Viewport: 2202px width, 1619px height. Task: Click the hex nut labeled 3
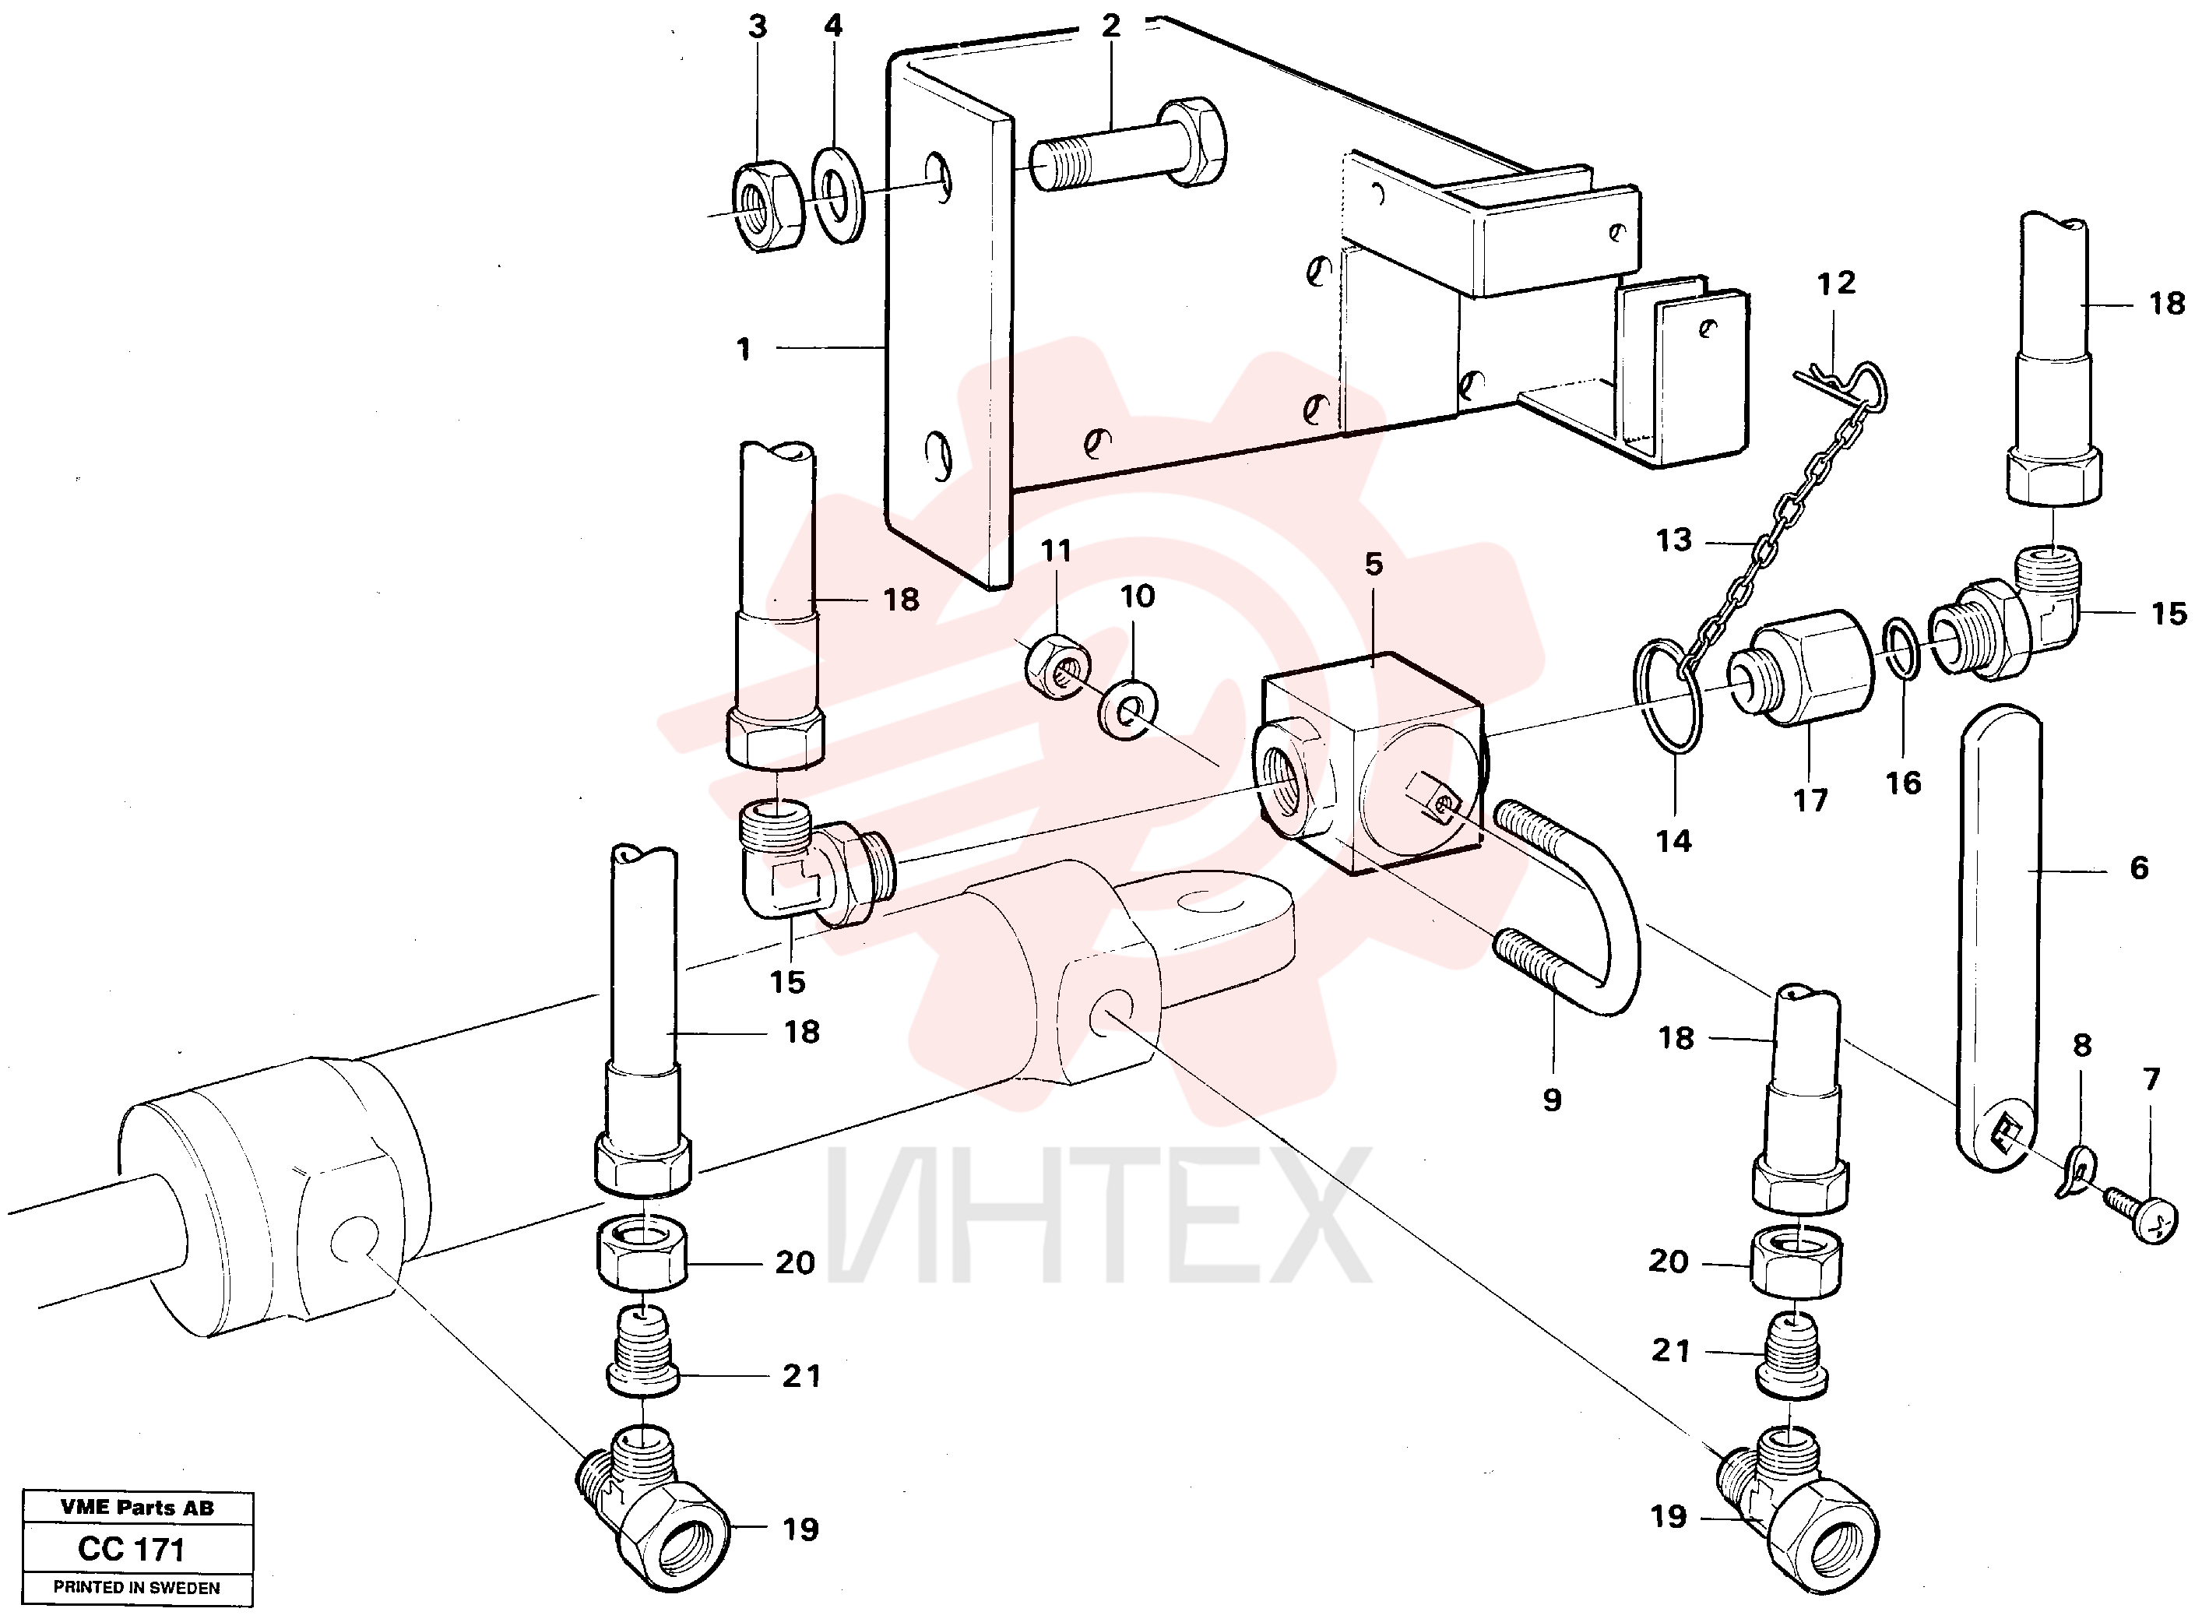[x=767, y=204]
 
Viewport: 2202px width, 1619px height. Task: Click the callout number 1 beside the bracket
[x=744, y=348]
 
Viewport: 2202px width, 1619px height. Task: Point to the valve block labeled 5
[x=1370, y=763]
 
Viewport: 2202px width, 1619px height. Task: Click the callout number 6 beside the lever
[x=2139, y=868]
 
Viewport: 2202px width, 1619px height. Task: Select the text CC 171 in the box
[x=132, y=1550]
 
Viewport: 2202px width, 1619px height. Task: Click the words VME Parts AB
[x=137, y=1508]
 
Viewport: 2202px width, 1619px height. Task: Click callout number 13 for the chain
[x=1674, y=540]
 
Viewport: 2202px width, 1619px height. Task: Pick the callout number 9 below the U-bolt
[x=1553, y=1100]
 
